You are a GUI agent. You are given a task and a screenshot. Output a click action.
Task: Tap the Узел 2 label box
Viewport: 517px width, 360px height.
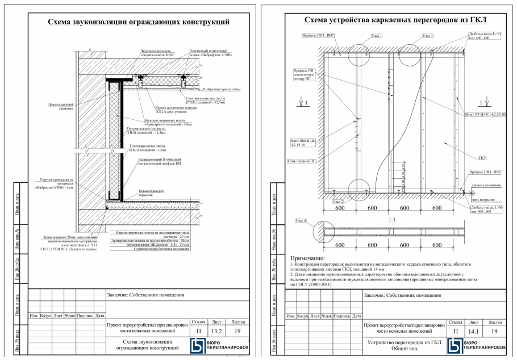pos(338,201)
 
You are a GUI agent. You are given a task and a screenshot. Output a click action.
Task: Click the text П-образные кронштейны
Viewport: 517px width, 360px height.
pos(225,89)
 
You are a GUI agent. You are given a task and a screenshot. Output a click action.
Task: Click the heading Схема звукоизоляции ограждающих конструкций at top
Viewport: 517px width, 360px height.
pos(138,22)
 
